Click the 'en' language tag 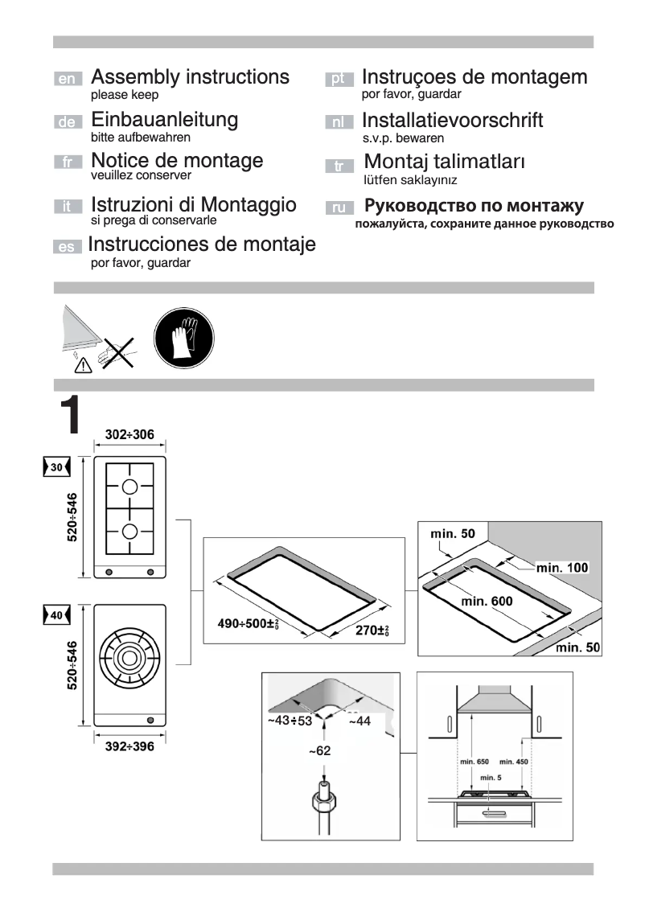point(68,79)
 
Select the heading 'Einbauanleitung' point(165,120)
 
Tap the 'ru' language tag point(339,207)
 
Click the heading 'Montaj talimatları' point(445,162)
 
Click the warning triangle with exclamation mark point(83,366)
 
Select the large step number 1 point(69,415)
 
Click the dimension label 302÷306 point(129,435)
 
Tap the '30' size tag point(55,467)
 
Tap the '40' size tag point(55,615)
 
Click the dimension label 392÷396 point(129,747)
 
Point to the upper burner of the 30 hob point(130,486)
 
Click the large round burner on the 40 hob point(130,656)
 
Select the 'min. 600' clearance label point(487,600)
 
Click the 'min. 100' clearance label point(562,568)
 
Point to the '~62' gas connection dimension point(320,751)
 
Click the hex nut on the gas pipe point(322,803)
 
